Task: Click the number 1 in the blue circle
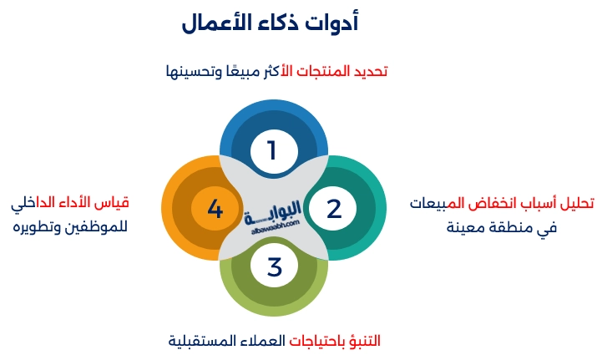pos(271,150)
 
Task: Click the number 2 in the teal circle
pos(334,209)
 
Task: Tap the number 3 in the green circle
pos(275,268)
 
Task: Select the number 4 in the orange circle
pos(215,209)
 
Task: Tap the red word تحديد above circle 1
pos(368,72)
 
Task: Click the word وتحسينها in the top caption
pos(195,72)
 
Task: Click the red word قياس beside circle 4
pos(113,203)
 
